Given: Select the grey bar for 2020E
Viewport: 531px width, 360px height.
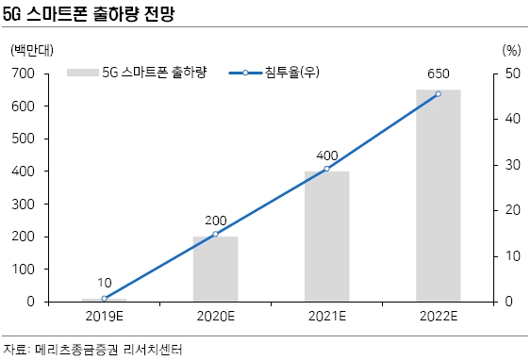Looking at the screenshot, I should [x=215, y=269].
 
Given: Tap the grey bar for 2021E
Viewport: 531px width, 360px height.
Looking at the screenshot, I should [x=326, y=237].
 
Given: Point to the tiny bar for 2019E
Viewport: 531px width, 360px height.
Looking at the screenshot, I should [x=104, y=300].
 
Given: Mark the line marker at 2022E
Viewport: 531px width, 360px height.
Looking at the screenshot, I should [x=438, y=93].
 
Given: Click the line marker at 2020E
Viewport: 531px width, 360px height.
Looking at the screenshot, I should [x=215, y=234].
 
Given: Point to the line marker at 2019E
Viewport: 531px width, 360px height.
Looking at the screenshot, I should [x=104, y=298].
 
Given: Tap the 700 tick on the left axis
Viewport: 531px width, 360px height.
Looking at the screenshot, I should [x=24, y=73].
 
